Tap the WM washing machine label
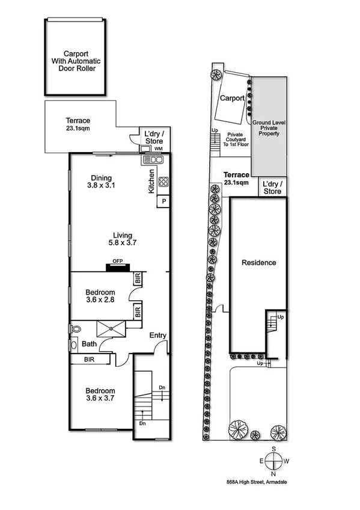(x=158, y=148)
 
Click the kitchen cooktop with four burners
(x=163, y=181)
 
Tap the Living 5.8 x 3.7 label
(x=123, y=239)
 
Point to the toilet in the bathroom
(x=75, y=329)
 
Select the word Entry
(x=158, y=336)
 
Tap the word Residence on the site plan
(x=259, y=263)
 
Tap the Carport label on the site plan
(x=231, y=98)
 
